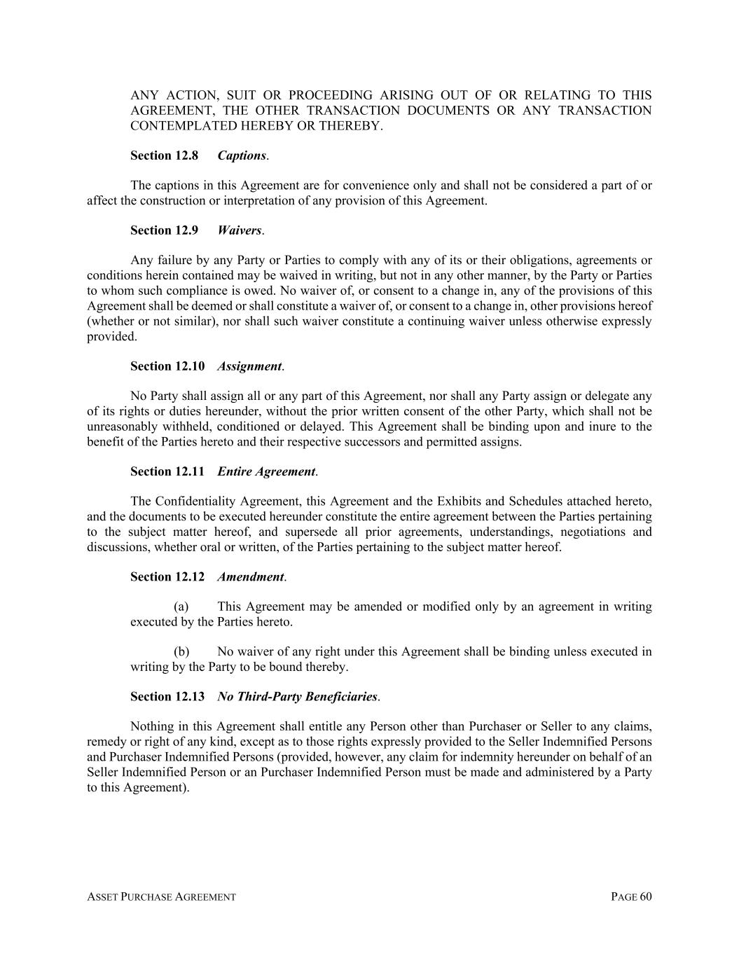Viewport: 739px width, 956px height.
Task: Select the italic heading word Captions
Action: (x=242, y=155)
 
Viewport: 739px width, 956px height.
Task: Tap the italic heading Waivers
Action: (x=240, y=230)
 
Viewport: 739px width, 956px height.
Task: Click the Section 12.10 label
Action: (x=167, y=366)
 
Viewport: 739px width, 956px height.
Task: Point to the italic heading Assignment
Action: (x=249, y=366)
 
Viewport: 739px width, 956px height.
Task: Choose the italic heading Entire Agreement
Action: (x=266, y=471)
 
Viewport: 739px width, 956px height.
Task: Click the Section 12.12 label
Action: (x=167, y=577)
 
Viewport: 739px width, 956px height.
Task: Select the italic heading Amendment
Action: (x=250, y=577)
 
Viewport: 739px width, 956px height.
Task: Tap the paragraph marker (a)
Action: (x=181, y=607)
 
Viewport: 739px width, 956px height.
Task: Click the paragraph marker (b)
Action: (x=181, y=652)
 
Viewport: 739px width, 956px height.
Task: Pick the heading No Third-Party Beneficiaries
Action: (x=297, y=697)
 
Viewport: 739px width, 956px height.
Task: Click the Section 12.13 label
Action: (x=167, y=697)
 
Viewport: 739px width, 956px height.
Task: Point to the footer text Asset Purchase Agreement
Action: (x=161, y=897)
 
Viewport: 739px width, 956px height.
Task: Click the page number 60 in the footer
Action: (x=645, y=897)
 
